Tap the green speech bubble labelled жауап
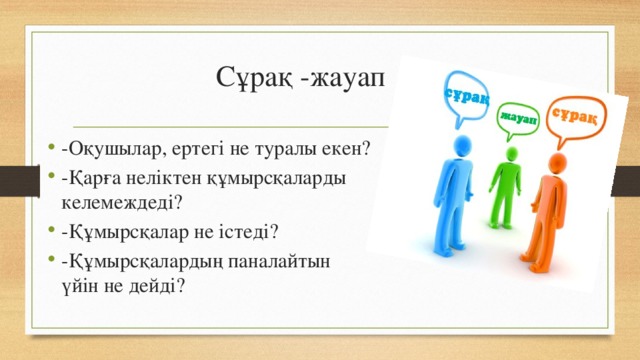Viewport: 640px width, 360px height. point(518,118)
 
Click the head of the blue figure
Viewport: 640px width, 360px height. point(461,147)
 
